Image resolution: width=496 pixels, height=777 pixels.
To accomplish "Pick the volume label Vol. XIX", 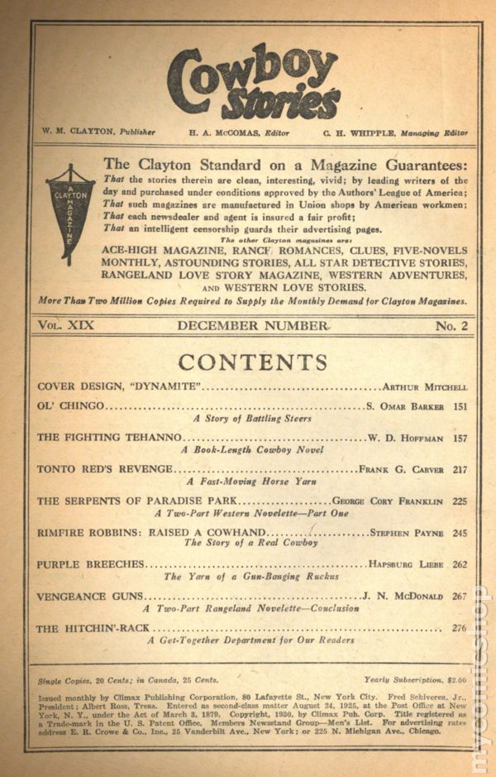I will (65, 326).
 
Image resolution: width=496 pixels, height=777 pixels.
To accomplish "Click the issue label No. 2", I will (451, 326).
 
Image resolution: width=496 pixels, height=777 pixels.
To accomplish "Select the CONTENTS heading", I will (253, 362).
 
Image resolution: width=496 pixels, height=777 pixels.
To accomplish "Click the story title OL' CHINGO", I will (71, 406).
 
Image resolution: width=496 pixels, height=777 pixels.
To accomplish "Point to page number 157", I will (459, 437).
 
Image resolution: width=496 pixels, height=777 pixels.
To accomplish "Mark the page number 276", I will (459, 627).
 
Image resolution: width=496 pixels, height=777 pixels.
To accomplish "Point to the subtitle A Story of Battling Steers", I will (252, 419).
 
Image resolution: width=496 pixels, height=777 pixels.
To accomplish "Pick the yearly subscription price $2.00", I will (455, 680).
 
